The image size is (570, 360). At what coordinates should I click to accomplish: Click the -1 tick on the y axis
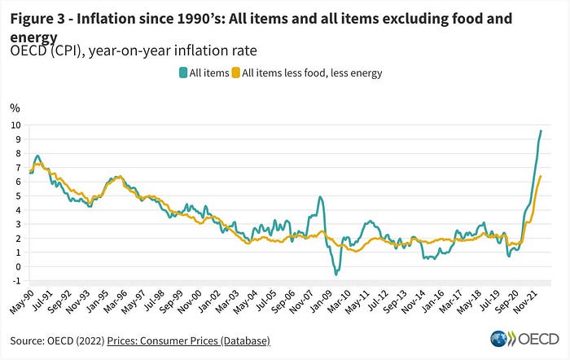pyautogui.click(x=16, y=281)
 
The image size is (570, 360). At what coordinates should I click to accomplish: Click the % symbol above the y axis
pyautogui.click(x=14, y=108)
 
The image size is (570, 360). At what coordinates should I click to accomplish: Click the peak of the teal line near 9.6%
pyautogui.click(x=541, y=131)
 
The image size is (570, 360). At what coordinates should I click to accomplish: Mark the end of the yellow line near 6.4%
pyautogui.click(x=541, y=176)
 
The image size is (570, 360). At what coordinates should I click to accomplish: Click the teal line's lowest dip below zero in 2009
pyautogui.click(x=335, y=274)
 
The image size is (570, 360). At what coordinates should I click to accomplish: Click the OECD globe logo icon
pyautogui.click(x=499, y=339)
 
